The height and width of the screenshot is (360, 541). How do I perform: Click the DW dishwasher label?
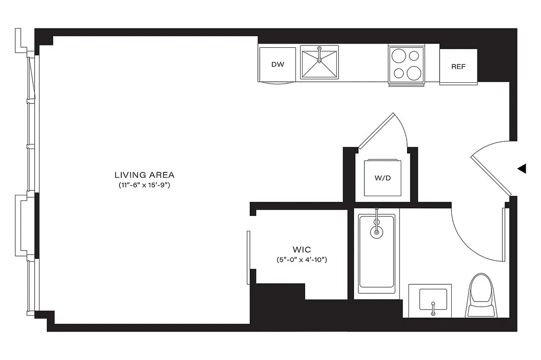tap(278, 64)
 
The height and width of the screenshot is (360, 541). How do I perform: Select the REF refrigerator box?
tap(458, 67)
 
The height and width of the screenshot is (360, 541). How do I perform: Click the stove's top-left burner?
tap(399, 56)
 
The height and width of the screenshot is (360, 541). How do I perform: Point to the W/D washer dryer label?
tap(382, 178)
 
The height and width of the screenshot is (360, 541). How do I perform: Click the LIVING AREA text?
tap(144, 175)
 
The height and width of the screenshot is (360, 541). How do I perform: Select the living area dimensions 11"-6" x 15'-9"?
tap(144, 185)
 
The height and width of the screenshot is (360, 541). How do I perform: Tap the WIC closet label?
tap(301, 249)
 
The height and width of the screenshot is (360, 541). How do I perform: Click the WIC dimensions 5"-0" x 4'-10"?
tap(301, 260)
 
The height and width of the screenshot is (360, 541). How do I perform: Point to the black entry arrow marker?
tap(522, 169)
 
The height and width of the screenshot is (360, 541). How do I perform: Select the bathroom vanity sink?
tap(433, 300)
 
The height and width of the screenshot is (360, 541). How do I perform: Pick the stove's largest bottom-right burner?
tap(414, 72)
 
